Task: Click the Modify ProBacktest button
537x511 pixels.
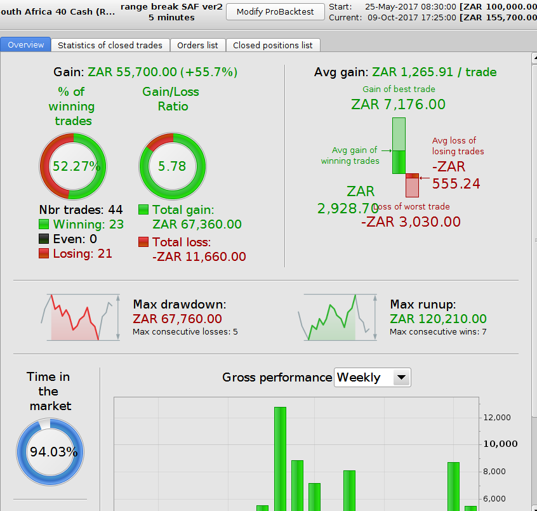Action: click(275, 12)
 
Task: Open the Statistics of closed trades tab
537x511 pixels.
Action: click(110, 45)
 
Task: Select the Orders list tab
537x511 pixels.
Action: click(197, 45)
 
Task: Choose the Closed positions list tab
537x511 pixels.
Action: click(273, 45)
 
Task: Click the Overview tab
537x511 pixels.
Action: click(26, 45)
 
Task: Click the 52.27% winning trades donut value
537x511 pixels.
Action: click(73, 166)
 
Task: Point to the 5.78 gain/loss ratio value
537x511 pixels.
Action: click(172, 166)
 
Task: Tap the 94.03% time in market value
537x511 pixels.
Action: click(53, 452)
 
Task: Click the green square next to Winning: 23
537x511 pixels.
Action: click(44, 224)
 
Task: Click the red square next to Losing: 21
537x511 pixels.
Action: click(44, 253)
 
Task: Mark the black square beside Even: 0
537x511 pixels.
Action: click(44, 239)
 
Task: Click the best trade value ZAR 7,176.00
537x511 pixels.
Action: click(398, 104)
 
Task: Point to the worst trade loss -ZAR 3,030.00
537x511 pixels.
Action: click(411, 222)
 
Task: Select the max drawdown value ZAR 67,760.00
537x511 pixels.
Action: click(177, 319)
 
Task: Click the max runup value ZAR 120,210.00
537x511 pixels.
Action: click(438, 319)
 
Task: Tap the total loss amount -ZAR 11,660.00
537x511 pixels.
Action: click(199, 256)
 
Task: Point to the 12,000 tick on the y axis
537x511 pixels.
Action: click(496, 417)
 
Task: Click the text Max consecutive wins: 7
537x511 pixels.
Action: click(438, 332)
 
